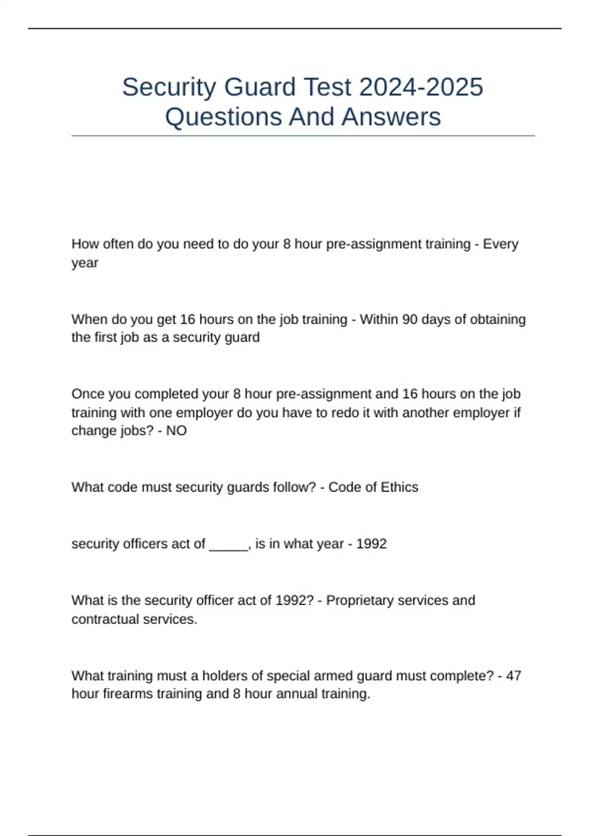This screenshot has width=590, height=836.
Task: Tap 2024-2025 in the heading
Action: tap(421, 88)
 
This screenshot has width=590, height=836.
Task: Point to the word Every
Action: tap(501, 244)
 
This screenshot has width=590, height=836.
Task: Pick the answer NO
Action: tap(177, 431)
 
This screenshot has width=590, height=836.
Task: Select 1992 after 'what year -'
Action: tap(371, 544)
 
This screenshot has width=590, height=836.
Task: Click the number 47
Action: tap(513, 676)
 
